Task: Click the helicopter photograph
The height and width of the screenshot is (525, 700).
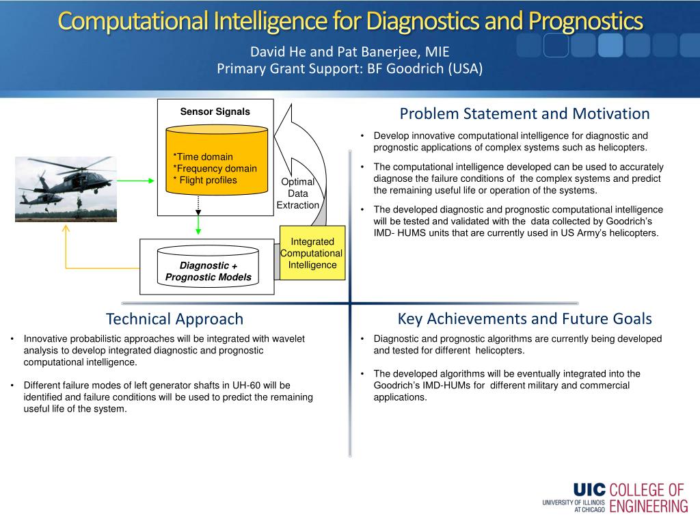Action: pos(66,189)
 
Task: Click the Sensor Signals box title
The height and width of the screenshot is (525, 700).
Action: pos(215,111)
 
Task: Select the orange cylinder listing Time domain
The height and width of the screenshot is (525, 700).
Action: pos(217,160)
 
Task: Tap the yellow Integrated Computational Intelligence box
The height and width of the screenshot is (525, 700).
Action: pos(312,253)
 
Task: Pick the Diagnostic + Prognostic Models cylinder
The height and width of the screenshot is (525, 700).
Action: pos(208,266)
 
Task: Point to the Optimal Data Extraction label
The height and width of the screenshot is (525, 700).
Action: pos(298,193)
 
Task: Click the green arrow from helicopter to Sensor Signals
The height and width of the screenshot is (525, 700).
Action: pos(136,180)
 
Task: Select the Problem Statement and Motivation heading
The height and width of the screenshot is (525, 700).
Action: pos(524,114)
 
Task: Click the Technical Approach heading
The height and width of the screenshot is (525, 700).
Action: pos(174,319)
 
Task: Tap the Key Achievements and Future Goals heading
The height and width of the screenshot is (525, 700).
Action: pos(524,319)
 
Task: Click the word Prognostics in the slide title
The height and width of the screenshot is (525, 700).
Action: pos(586,21)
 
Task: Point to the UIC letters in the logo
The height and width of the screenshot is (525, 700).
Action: pos(589,489)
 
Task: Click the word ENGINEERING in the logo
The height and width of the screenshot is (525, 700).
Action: pos(649,507)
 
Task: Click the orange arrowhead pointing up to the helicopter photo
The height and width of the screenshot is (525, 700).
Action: pos(66,228)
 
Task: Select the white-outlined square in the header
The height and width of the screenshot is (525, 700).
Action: pos(556,45)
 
